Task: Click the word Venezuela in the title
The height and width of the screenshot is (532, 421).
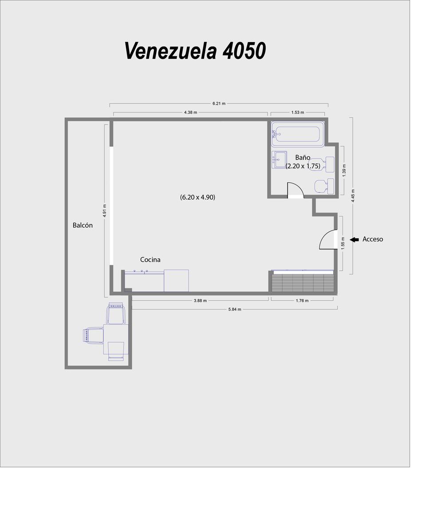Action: pos(171,51)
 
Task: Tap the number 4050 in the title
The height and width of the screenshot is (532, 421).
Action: pos(244,51)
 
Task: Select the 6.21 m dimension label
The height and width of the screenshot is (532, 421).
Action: pos(219,104)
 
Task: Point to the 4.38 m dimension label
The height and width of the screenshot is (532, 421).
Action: pos(190,112)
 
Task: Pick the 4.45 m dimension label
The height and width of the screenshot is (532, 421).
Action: pos(353,196)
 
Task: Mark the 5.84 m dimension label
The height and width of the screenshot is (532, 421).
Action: pos(235,309)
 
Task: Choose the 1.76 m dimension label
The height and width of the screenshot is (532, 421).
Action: pos(302,301)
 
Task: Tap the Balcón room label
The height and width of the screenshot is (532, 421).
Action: pos(83,225)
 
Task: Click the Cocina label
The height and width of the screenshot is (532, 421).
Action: pos(150,260)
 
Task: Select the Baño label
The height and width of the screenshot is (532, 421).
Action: pos(303,157)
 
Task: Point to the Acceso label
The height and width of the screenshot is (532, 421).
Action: pos(373,239)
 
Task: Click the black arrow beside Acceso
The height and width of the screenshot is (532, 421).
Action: pos(354,239)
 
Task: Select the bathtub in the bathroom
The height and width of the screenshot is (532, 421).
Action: pos(298,134)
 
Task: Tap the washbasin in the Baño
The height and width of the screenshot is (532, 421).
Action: pos(279,160)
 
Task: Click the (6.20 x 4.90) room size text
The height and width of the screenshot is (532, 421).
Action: pos(198,197)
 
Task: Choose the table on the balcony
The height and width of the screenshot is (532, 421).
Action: pos(116,339)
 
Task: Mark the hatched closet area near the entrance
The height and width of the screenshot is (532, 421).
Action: pos(303,282)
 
